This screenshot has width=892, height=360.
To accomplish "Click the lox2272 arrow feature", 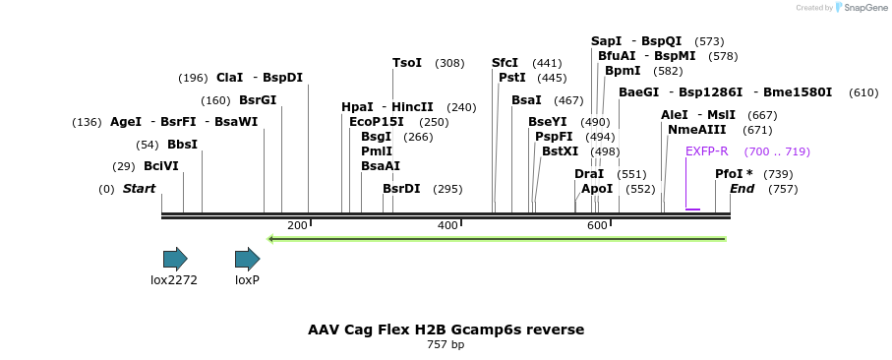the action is (x=175, y=260).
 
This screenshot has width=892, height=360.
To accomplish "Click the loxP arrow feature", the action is (x=247, y=260).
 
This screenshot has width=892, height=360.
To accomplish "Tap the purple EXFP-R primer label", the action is (x=706, y=151).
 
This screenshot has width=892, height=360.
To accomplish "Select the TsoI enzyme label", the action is (x=407, y=63).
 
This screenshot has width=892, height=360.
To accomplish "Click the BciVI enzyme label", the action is (x=161, y=166).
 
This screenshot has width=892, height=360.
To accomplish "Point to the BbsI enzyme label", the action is (x=182, y=145).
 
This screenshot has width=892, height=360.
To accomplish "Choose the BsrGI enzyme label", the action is (x=258, y=100).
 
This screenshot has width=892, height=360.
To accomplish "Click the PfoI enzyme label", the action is (x=734, y=174).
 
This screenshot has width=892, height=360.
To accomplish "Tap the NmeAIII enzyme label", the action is (x=696, y=130).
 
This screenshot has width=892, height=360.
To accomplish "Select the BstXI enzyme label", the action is (x=561, y=151).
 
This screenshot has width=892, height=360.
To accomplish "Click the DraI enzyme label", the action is (x=588, y=174).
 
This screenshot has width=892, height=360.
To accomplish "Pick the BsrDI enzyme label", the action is (x=401, y=189).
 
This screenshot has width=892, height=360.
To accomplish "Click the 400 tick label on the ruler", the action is (x=447, y=226).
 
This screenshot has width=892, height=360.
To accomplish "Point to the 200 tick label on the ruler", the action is (x=297, y=226).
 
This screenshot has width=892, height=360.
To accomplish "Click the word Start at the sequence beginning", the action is (x=139, y=189).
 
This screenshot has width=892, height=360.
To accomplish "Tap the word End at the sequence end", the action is (x=743, y=189).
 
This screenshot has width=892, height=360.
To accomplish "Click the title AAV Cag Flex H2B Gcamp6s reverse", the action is (x=446, y=329).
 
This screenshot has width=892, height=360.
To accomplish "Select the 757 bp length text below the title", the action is (x=446, y=345).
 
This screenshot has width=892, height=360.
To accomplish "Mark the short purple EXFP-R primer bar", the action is (x=692, y=210).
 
